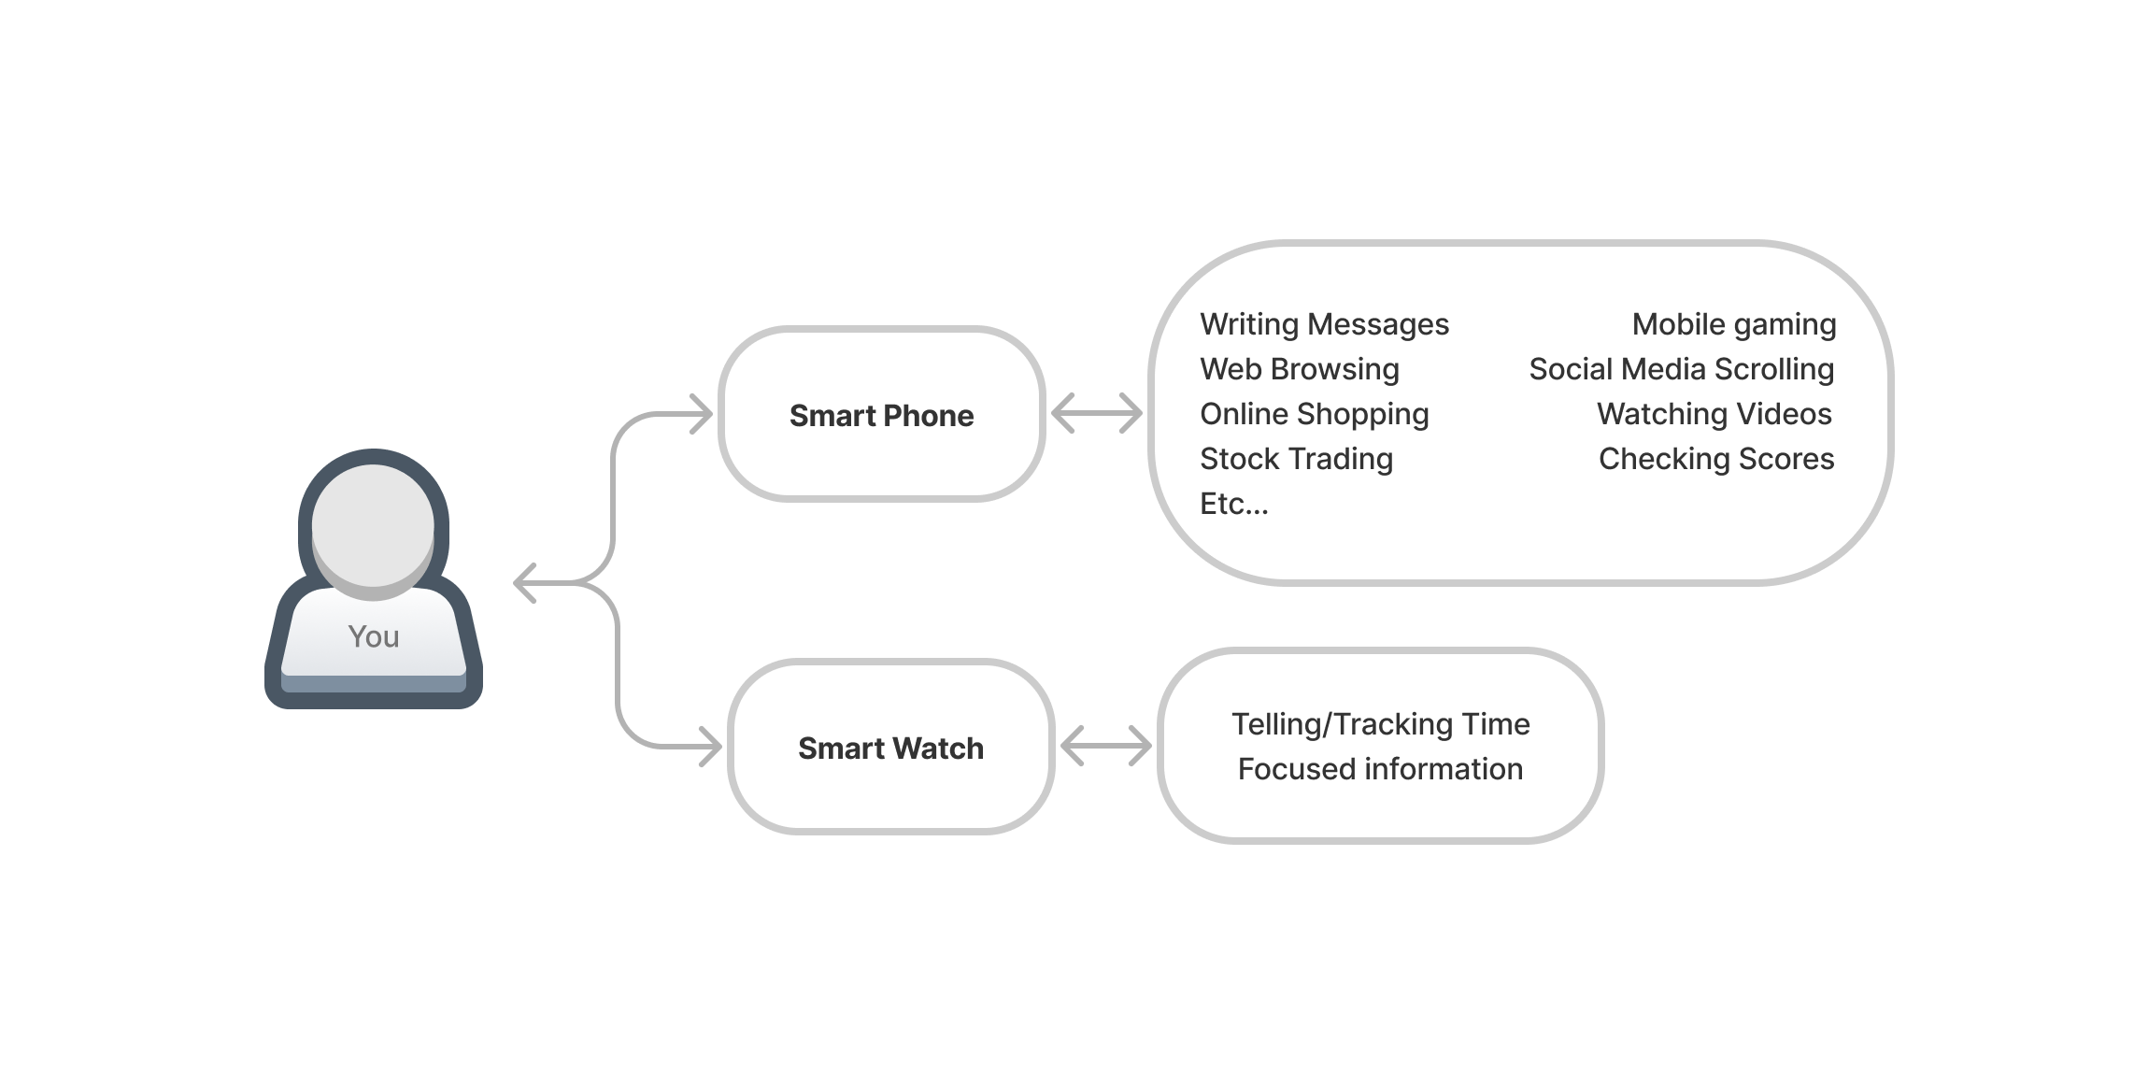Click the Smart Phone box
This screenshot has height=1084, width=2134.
coord(881,415)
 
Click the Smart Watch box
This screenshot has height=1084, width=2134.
coord(890,748)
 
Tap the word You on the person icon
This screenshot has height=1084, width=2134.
coord(374,636)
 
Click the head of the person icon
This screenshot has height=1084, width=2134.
coord(373,525)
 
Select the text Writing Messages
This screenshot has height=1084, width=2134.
coord(1324,324)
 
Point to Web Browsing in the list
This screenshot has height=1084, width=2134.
coord(1299,369)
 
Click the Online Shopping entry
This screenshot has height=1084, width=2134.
coord(1314,414)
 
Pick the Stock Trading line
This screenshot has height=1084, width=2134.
coord(1296,459)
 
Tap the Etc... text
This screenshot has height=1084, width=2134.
coord(1233,504)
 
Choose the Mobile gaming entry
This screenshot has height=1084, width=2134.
coord(1733,324)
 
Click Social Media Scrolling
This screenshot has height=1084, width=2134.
coord(1681,369)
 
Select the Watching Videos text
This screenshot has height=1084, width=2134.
coord(1714,414)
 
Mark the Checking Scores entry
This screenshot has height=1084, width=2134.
coord(1715,459)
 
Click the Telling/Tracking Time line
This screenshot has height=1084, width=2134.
coord(1380,724)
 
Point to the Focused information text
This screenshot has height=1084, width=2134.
coord(1380,769)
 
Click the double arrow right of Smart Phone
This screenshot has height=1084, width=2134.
coord(1096,413)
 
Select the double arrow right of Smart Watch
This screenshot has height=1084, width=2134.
coord(1105,746)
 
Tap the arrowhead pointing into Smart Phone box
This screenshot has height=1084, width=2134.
coord(703,414)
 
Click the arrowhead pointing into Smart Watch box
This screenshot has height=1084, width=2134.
coord(712,747)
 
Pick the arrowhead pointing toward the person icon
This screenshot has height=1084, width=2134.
coord(525,583)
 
